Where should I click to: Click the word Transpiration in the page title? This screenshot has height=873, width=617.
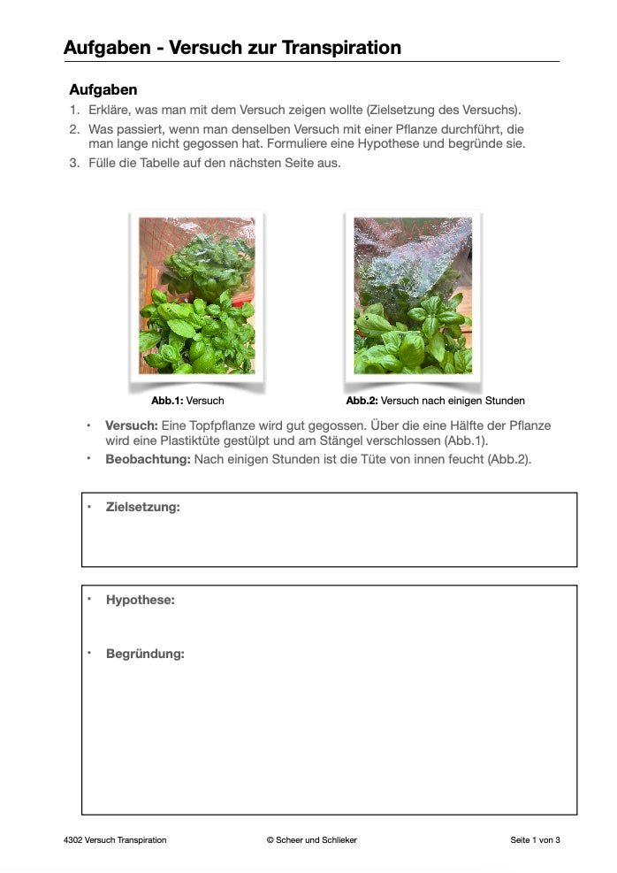341,48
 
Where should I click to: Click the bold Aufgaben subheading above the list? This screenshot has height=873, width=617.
103,90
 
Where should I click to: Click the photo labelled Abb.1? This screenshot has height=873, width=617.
196,295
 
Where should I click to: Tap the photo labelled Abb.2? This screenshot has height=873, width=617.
413,295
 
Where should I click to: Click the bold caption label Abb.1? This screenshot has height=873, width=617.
167,401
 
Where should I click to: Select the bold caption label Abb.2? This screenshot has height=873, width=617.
362,401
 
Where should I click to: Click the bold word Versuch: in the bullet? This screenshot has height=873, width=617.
132,425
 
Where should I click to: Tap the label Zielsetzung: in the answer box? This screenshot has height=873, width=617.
142,507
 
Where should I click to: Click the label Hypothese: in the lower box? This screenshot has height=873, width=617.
140,600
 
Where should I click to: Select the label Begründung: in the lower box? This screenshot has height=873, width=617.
145,654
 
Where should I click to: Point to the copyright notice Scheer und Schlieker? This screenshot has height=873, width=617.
311,840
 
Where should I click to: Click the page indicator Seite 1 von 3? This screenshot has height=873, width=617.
535,840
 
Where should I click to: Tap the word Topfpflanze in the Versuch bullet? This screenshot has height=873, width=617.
222,425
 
